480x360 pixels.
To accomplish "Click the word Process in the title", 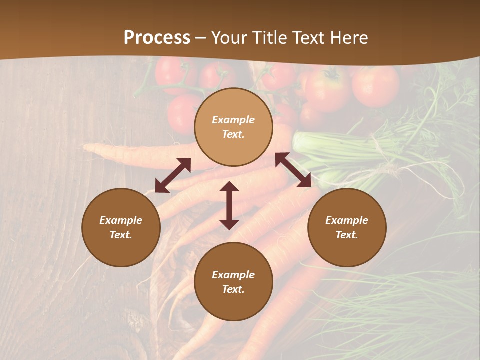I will point(157,38).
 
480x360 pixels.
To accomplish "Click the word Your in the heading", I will point(229,38).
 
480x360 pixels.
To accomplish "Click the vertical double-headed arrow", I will point(229,205).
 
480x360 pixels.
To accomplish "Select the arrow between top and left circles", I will point(173,175).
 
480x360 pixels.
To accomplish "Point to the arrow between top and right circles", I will point(293,170).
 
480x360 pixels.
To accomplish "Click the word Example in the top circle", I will point(233,120).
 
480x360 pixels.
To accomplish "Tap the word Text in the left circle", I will point(121,235).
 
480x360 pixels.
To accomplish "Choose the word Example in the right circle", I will point(347,220).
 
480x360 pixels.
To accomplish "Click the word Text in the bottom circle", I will point(233,289).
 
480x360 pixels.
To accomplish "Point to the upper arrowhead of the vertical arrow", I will point(229,187).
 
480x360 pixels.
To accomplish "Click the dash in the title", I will point(201,38).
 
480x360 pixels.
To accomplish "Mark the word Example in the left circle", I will point(121,220).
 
